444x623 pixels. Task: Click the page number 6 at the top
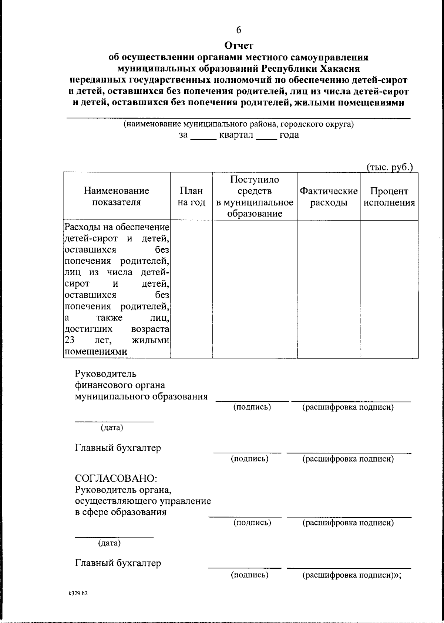pos(239,30)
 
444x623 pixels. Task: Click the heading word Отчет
pos(239,46)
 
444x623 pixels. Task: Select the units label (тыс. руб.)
pos(389,167)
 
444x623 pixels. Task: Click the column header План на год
pos(191,197)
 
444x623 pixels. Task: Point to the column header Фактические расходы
pos(329,197)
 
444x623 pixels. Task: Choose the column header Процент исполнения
pos(389,197)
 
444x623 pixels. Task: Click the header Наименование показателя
pos(117,196)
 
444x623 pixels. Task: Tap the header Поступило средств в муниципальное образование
pos(255,196)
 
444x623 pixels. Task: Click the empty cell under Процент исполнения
pos(389,289)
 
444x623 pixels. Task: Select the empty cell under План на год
pos(191,289)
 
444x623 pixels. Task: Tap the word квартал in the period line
pos(236,135)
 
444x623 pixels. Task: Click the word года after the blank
pos(289,135)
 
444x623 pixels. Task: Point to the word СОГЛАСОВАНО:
pos(116,478)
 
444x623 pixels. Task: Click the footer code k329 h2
pos(78,594)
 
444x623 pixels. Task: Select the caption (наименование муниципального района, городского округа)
pos(239,124)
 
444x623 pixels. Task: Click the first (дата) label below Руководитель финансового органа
pos(112,428)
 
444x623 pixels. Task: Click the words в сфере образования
pos(121,512)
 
